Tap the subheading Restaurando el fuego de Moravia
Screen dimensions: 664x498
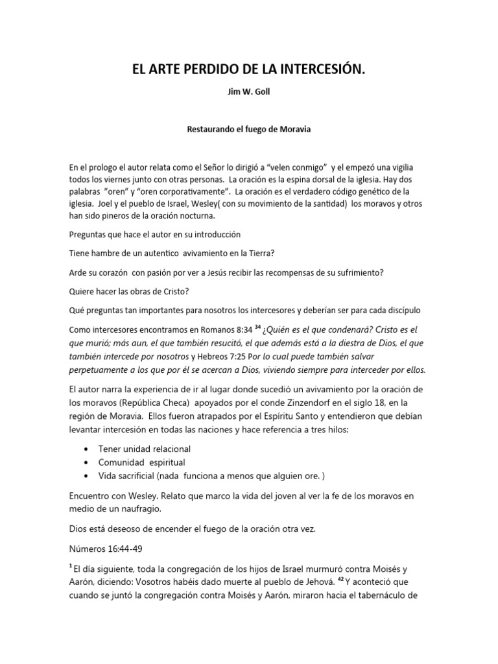click(x=249, y=130)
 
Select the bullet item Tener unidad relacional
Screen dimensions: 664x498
click(x=145, y=449)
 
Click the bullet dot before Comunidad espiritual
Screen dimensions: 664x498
click(x=88, y=463)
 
